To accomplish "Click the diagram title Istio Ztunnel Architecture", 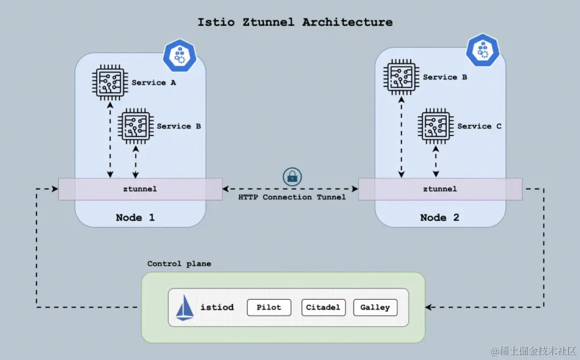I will tap(295, 23).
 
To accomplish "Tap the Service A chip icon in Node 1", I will tap(110, 82).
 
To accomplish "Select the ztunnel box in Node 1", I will tap(140, 189).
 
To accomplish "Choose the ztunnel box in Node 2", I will tap(440, 189).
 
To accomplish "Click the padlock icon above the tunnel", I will tap(293, 176).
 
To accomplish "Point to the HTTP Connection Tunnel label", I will tap(292, 197).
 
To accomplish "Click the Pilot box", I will tap(269, 307).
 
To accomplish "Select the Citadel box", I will tap(323, 307).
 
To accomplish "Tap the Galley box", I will tap(375, 307).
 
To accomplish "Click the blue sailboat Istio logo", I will tap(185, 308).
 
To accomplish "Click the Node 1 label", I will tap(135, 218).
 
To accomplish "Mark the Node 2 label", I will tap(440, 218).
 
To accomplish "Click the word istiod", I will tap(217, 307).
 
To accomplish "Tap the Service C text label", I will tap(479, 126).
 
